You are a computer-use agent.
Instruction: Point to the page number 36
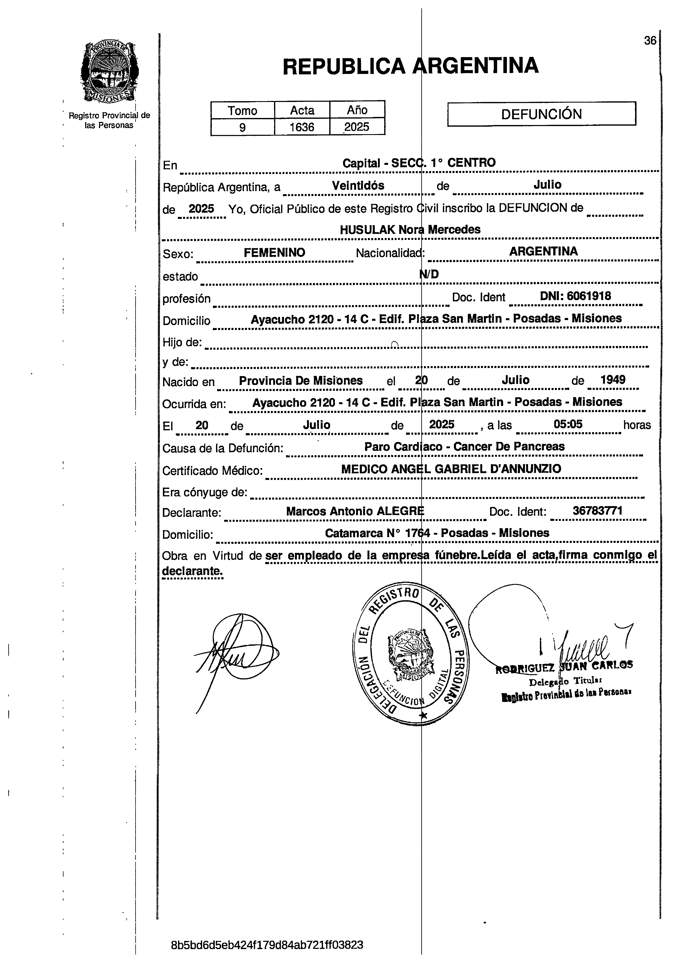[650, 40]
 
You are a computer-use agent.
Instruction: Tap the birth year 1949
[613, 379]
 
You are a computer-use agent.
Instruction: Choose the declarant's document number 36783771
[597, 511]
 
